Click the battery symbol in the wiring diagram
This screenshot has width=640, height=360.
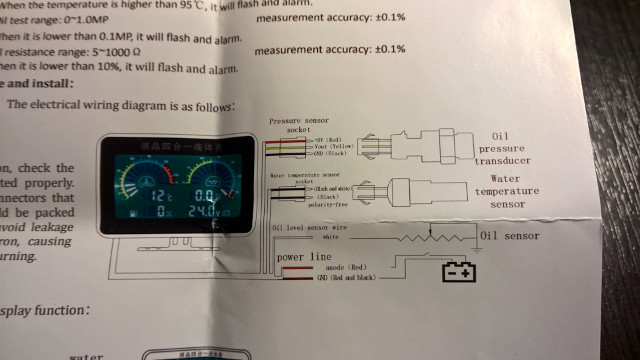459,272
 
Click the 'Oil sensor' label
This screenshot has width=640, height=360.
510,235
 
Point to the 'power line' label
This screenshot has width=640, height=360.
304,257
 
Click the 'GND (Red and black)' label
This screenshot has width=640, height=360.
346,277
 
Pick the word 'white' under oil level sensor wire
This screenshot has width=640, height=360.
331,236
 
